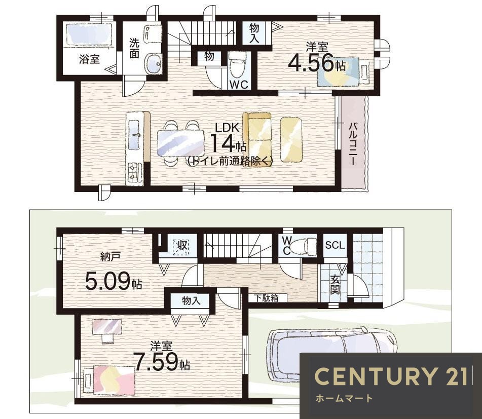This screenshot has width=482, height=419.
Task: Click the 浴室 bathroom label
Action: pos(89,59)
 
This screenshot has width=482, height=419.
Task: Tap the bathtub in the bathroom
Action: pos(89,35)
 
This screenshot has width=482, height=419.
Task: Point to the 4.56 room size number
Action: pos(311,63)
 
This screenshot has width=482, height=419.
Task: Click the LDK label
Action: pos(227,128)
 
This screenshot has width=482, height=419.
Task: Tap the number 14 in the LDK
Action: pos(223,143)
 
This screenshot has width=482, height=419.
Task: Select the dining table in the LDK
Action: pos(181,143)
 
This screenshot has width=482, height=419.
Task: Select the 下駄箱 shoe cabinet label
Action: pos(267,298)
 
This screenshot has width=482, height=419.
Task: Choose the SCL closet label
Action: pos(335,245)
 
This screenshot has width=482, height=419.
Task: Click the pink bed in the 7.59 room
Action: pos(114,379)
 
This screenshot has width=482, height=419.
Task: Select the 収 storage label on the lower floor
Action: pos(181,245)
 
